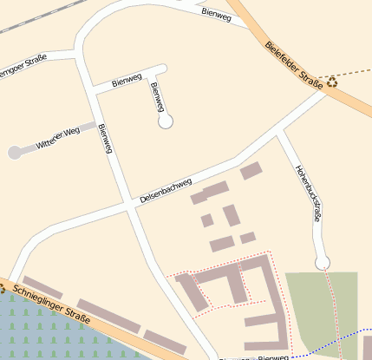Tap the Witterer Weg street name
(x=58, y=136)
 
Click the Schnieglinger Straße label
(x=52, y=302)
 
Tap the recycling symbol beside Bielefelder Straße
(x=332, y=82)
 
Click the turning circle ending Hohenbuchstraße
(x=323, y=262)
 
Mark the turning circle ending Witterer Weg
(x=15, y=153)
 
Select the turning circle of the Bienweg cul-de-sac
(x=166, y=121)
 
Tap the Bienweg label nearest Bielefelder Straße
(x=216, y=14)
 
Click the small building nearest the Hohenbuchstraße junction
(x=251, y=171)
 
